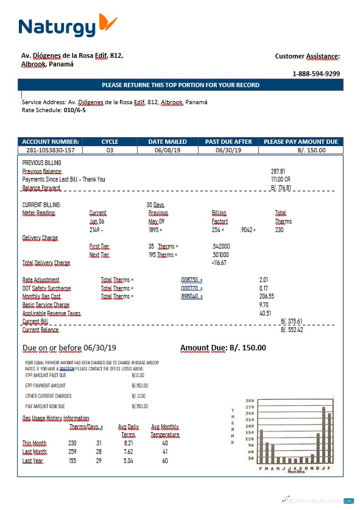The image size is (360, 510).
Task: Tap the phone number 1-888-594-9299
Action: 316,74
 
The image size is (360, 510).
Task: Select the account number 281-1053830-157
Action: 51,150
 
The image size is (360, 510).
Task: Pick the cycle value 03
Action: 110,150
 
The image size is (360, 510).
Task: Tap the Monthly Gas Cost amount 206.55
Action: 267,296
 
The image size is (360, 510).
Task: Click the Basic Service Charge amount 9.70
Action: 264,305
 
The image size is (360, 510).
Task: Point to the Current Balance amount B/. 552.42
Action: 292,330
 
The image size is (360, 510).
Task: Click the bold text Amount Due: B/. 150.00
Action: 223,348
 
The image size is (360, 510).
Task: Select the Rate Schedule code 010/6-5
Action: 75,110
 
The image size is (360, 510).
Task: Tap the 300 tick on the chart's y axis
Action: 250,401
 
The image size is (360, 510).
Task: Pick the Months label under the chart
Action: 296,472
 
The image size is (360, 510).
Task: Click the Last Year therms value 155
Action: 72,461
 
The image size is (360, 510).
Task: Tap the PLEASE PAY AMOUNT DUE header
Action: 300,141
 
